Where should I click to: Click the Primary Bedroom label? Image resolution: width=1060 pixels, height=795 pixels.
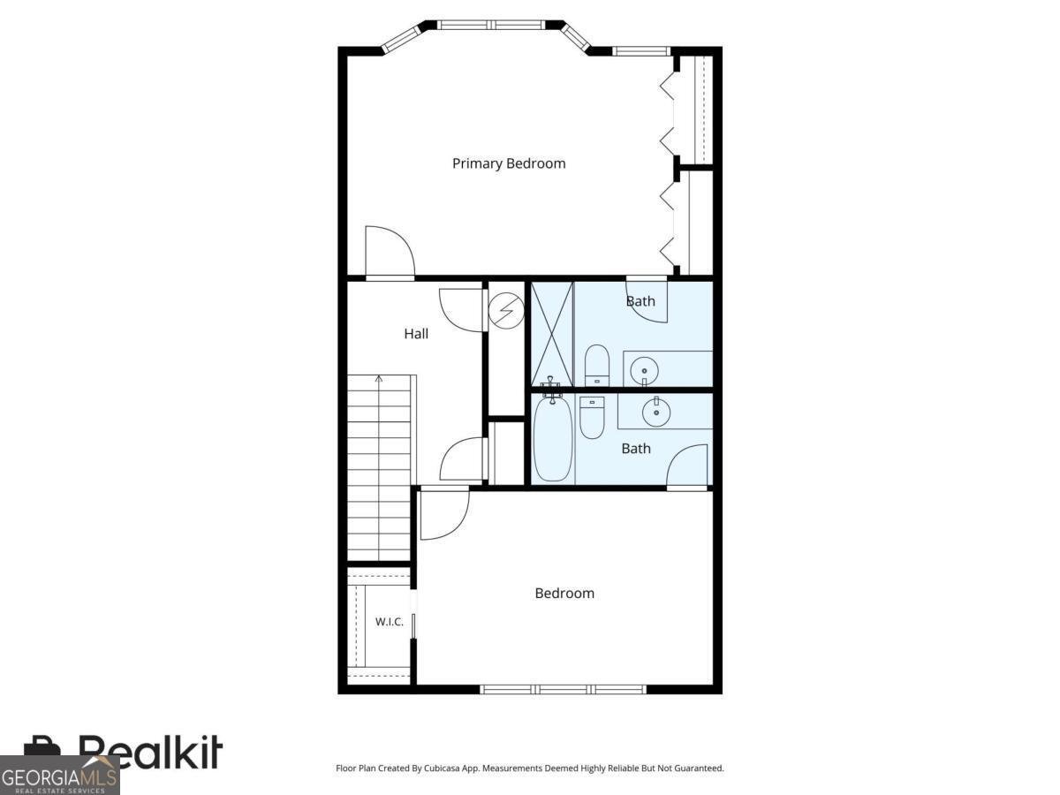click(509, 163)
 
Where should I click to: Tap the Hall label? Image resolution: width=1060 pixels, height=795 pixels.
click(416, 334)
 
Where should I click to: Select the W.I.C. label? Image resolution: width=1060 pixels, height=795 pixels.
click(390, 622)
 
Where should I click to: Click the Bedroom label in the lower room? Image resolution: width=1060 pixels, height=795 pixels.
click(564, 594)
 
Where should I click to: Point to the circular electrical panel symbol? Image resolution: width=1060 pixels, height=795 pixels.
click(506, 310)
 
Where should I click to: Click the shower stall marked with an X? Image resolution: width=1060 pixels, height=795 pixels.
click(551, 334)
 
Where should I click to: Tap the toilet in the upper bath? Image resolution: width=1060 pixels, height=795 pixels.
click(597, 365)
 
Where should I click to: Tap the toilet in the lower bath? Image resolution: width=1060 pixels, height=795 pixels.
click(592, 417)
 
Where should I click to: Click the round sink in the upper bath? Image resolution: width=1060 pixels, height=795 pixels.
click(644, 371)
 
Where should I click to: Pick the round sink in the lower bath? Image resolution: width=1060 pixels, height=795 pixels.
click(655, 413)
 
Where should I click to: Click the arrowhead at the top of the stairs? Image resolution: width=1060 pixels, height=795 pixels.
click(379, 379)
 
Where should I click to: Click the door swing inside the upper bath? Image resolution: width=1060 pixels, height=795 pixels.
click(647, 302)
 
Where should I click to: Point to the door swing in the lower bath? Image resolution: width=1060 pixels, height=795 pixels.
click(687, 465)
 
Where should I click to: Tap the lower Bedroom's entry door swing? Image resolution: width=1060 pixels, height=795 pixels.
click(445, 515)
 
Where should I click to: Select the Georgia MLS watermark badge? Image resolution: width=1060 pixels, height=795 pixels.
click(60, 776)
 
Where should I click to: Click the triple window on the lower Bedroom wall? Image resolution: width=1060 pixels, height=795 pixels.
click(563, 689)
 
